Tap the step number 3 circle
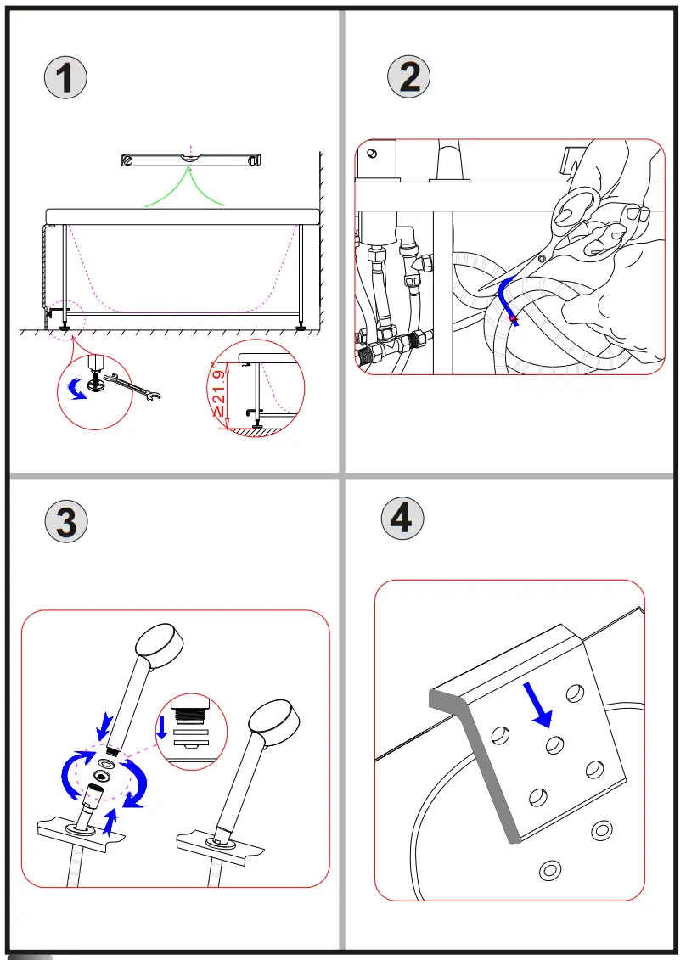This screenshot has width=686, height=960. [66, 521]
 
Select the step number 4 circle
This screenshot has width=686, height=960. [402, 518]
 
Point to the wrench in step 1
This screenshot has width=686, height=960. [136, 389]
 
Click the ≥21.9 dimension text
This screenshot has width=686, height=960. [219, 392]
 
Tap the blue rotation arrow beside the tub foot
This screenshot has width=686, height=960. [76, 388]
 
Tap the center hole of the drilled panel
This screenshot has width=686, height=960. [555, 745]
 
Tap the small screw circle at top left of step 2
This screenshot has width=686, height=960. [371, 154]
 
